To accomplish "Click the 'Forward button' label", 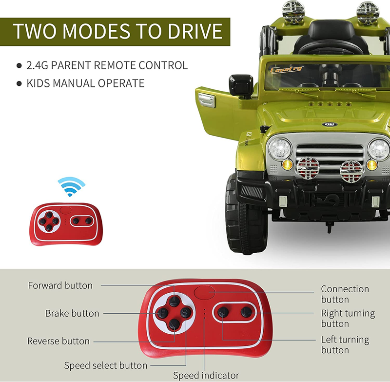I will coord(60,285).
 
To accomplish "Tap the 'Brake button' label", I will coord(72,313).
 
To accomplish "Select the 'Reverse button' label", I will coord(58,341).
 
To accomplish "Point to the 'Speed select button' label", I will coord(106,365).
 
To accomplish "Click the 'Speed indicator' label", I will coord(206,375).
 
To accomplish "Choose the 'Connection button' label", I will coord(345,294).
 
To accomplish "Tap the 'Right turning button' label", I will coord(348,318).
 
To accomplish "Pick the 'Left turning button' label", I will coord(345,344).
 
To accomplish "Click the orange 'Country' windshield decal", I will coord(287,69).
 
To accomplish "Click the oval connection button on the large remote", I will coord(204,292).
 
